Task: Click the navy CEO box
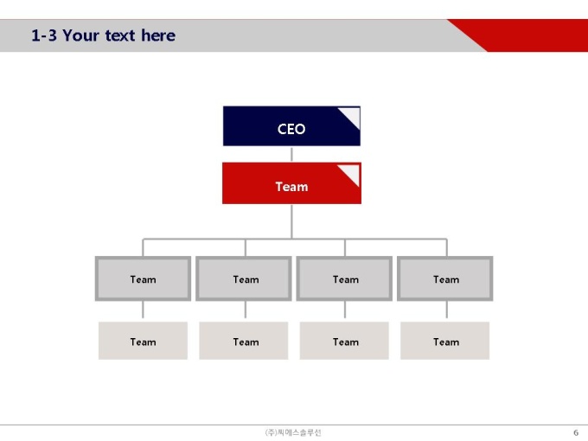point(291,126)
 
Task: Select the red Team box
point(291,183)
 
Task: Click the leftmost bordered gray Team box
point(143,278)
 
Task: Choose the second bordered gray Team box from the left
point(244,278)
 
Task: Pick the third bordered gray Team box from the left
point(344,278)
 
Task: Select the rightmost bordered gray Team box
point(445,278)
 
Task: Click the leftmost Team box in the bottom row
point(143,341)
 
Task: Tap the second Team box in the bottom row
point(244,341)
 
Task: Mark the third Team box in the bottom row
point(344,341)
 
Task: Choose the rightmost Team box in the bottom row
point(445,341)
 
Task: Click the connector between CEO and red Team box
point(291,154)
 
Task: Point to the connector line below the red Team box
point(291,221)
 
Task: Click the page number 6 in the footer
point(576,432)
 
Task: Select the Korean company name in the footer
point(293,432)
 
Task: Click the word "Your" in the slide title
point(80,35)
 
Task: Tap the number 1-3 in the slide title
point(44,35)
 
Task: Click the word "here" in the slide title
point(158,35)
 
